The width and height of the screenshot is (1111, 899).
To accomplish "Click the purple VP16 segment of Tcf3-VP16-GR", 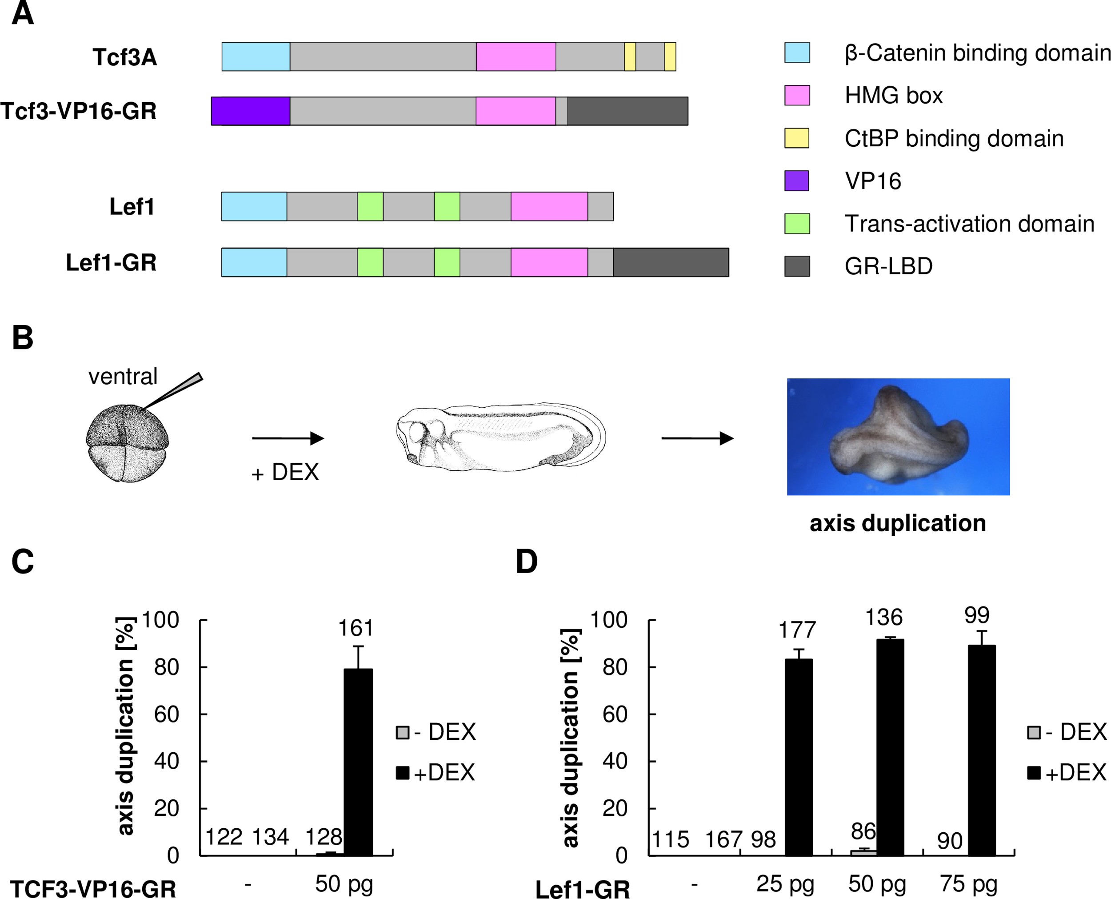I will pos(251,111).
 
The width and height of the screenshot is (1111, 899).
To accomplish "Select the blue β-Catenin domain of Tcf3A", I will pos(256,56).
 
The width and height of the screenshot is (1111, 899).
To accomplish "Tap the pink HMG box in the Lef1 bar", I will pos(549,207).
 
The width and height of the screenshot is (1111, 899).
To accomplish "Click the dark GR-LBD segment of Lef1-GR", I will pos(671,263).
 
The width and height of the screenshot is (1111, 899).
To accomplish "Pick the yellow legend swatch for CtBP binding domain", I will pos(797,138).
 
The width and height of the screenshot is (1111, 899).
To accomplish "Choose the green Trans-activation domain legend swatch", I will pos(797,224).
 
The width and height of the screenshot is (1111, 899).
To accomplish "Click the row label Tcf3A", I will pos(125,57).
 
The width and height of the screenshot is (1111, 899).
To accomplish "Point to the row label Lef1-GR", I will pos(111,263).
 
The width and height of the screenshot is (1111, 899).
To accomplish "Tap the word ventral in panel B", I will pos(123,377).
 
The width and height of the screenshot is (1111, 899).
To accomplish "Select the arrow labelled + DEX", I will pos(288,439).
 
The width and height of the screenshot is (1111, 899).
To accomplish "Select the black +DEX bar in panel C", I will pos(358,762).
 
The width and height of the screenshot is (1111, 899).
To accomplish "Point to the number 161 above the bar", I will pos(356,628).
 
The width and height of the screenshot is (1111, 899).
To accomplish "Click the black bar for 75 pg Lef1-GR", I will pos(982,751).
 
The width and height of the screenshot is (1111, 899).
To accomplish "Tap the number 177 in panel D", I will pos(797,630).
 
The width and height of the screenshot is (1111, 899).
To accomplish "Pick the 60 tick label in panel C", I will pos(166,714).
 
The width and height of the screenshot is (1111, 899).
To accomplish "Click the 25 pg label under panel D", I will pos(785,884).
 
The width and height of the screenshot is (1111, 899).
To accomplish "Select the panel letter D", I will pos(527,562).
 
